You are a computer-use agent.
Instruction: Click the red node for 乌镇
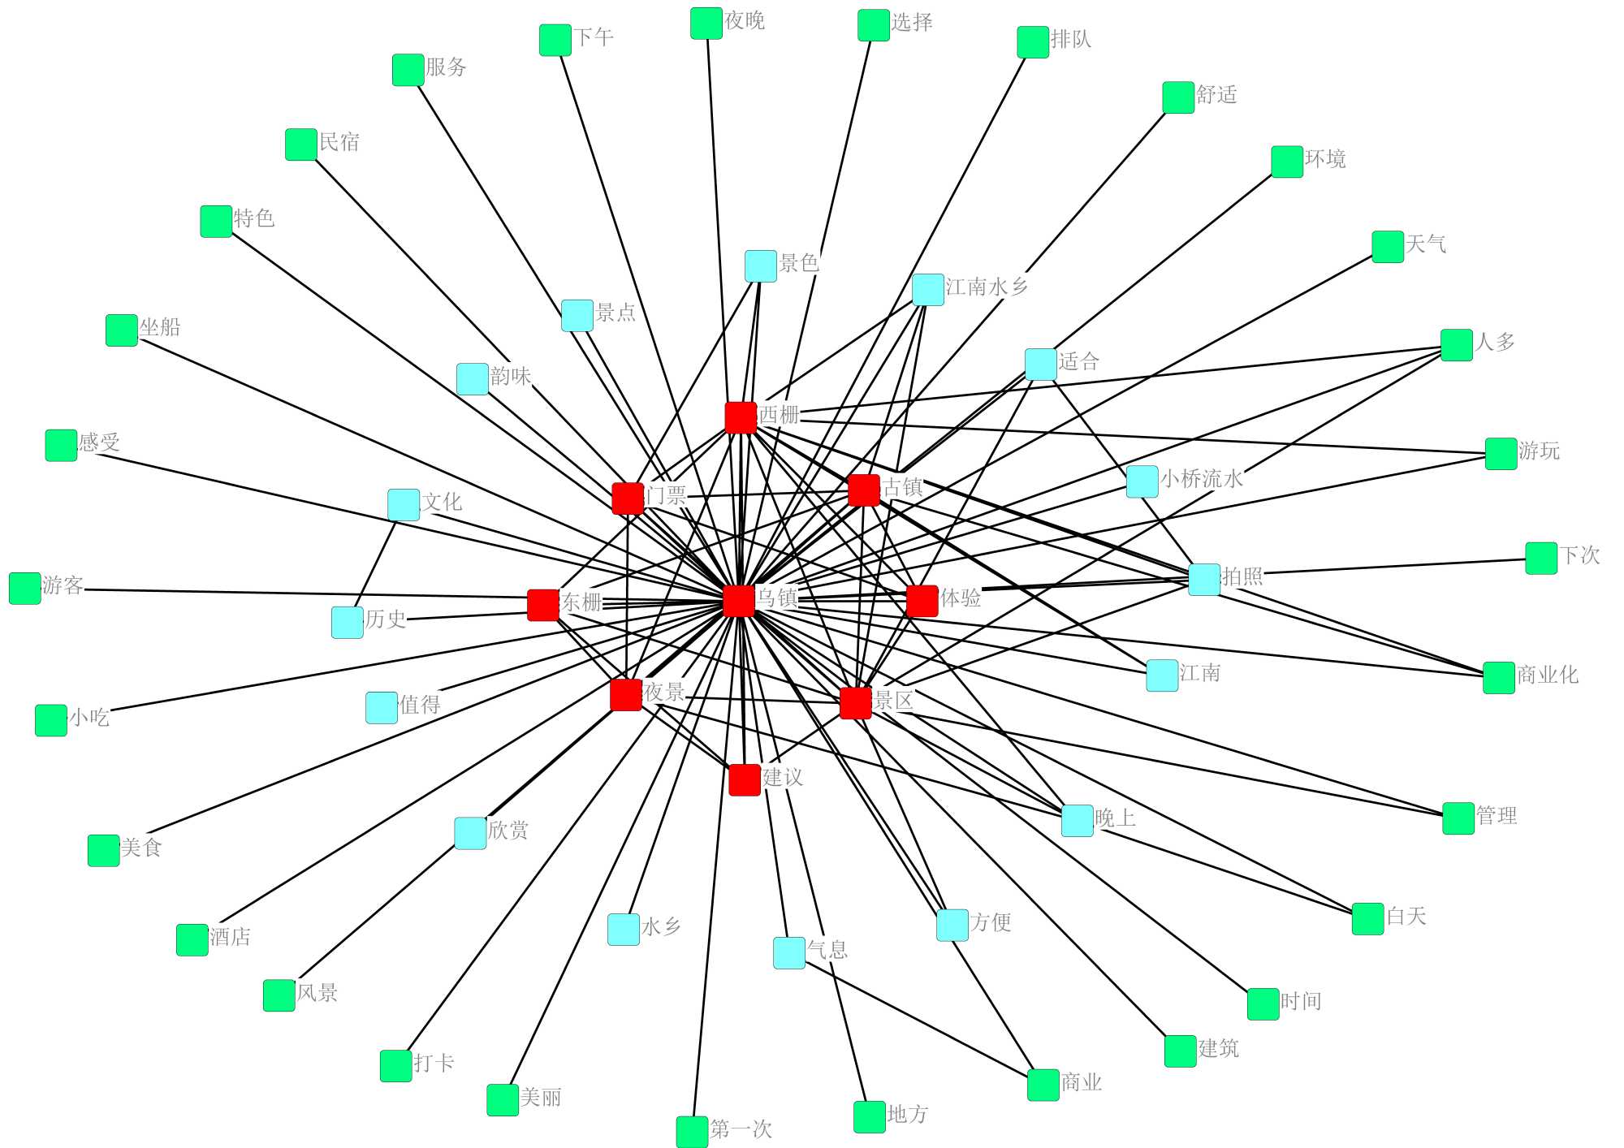(x=738, y=601)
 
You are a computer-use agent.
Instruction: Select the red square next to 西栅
(x=741, y=418)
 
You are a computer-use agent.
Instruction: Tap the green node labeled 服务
(x=408, y=70)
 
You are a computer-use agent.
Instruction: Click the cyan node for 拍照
(x=1204, y=580)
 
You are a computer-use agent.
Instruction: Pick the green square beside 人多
(x=1457, y=345)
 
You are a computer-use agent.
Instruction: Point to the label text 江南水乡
(x=987, y=287)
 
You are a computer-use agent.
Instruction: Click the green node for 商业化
(x=1499, y=678)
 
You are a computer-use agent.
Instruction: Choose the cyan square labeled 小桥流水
(x=1142, y=481)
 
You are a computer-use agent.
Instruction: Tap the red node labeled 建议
(x=745, y=779)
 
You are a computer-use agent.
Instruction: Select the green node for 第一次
(x=692, y=1132)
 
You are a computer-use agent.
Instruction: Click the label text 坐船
(x=160, y=327)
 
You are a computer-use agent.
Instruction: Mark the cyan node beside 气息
(x=788, y=953)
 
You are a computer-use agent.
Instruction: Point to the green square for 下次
(x=1541, y=559)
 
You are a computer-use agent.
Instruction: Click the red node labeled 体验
(x=922, y=601)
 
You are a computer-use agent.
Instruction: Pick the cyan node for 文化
(x=404, y=505)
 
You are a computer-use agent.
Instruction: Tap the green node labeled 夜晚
(x=706, y=24)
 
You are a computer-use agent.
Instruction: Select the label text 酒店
(x=231, y=937)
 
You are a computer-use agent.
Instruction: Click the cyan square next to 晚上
(x=1078, y=821)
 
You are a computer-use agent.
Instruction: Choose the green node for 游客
(x=25, y=589)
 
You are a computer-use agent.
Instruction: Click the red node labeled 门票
(x=628, y=498)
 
